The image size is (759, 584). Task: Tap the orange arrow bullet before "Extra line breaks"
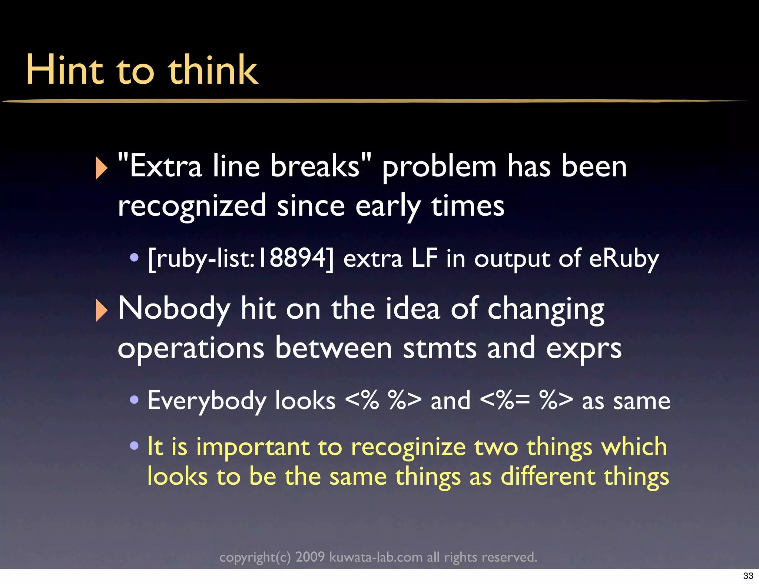click(x=101, y=168)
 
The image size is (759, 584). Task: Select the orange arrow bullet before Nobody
click(x=101, y=310)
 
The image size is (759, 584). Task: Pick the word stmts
click(x=440, y=348)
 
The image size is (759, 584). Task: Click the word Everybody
click(x=207, y=401)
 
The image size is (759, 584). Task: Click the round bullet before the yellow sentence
click(x=134, y=445)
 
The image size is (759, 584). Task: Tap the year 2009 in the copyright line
click(x=310, y=557)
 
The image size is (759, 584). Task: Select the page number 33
click(x=748, y=575)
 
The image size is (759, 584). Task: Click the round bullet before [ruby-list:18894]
click(x=134, y=257)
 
